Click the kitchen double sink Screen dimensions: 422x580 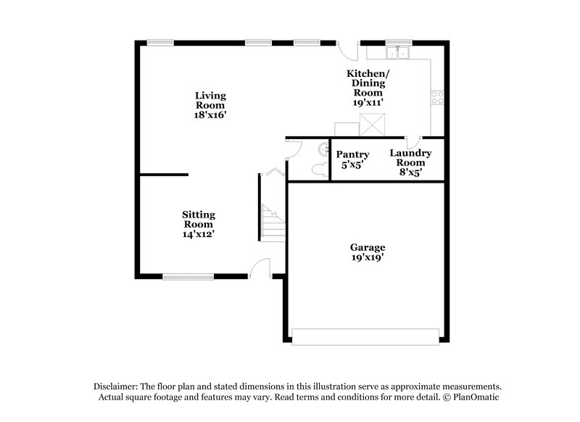(398, 52)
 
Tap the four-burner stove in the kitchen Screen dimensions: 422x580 (437, 98)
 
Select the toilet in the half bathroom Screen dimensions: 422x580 (317, 169)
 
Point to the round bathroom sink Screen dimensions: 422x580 (322, 149)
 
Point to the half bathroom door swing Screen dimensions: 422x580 (293, 147)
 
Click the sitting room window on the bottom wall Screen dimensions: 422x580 (188, 276)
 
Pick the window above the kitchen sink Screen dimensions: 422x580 (396, 42)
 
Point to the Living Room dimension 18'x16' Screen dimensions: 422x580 (211, 115)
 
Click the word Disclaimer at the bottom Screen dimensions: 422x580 (118, 386)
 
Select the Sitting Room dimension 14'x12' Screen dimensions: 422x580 (198, 234)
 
